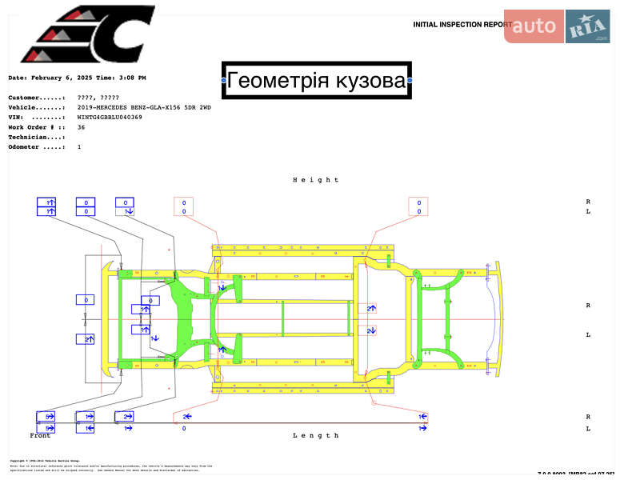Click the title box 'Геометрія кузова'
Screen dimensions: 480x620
[x=316, y=80]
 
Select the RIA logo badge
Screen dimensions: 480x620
[x=588, y=26]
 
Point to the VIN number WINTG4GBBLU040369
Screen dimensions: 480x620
[x=110, y=117]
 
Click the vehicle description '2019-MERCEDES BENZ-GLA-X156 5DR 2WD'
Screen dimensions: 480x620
[x=145, y=107]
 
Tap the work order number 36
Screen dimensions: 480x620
[x=81, y=127]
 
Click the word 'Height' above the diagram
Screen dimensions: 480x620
[x=316, y=180]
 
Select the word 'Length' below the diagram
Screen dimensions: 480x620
[x=316, y=435]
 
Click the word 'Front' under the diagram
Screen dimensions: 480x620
[x=40, y=435]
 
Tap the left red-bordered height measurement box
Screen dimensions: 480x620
[x=183, y=206]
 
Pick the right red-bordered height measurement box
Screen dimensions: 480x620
[x=418, y=206]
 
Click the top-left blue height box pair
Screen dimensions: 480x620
[x=46, y=206]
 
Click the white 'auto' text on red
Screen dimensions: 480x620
[x=534, y=26]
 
